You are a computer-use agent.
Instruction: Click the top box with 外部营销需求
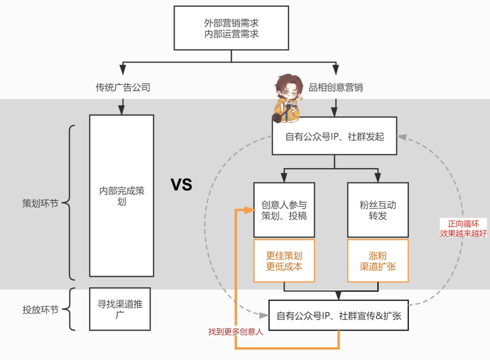click(231, 28)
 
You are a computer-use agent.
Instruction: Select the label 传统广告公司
click(122, 88)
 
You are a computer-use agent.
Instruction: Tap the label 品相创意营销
click(336, 88)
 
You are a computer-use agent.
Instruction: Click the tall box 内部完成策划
click(122, 195)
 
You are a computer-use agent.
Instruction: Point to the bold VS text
click(181, 185)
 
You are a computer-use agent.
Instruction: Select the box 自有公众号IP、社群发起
click(334, 136)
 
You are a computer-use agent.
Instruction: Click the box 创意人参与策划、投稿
click(284, 210)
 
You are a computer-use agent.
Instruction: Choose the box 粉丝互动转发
click(377, 210)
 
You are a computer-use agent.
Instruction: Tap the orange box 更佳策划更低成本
click(284, 261)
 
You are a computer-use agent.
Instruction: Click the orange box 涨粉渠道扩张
click(377, 261)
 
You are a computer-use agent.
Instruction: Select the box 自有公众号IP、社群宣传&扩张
click(338, 316)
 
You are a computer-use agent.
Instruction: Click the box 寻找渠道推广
click(120, 309)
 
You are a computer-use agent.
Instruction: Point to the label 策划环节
click(40, 204)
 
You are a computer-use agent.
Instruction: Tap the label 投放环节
click(40, 310)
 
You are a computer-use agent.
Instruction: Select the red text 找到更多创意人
click(235, 331)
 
